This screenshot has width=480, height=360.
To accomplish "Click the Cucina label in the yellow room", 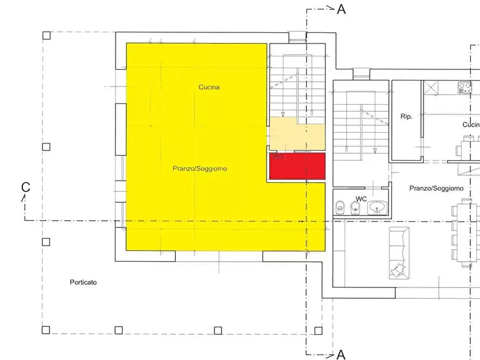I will point(209,87).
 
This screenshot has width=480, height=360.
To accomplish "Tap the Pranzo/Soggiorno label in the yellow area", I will point(199,169).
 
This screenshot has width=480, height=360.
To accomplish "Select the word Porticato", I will point(83,283).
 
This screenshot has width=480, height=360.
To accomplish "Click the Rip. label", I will point(406,117).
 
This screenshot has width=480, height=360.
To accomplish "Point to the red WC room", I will point(297,166).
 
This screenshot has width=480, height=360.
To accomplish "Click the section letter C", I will point(25,187).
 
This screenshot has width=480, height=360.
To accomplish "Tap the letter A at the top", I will point(341,9).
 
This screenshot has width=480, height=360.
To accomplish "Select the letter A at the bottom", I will point(341,354).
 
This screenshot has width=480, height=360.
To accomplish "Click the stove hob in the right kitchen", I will point(464,88).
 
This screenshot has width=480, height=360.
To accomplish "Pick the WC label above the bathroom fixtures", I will point(361,199).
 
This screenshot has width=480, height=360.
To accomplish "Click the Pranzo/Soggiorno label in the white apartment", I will point(436,189).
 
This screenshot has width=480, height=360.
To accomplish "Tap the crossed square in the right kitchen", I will point(432,88).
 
